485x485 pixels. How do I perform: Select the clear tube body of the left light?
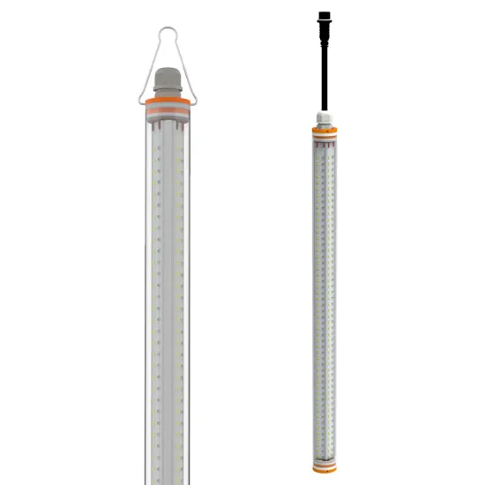(165, 291)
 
